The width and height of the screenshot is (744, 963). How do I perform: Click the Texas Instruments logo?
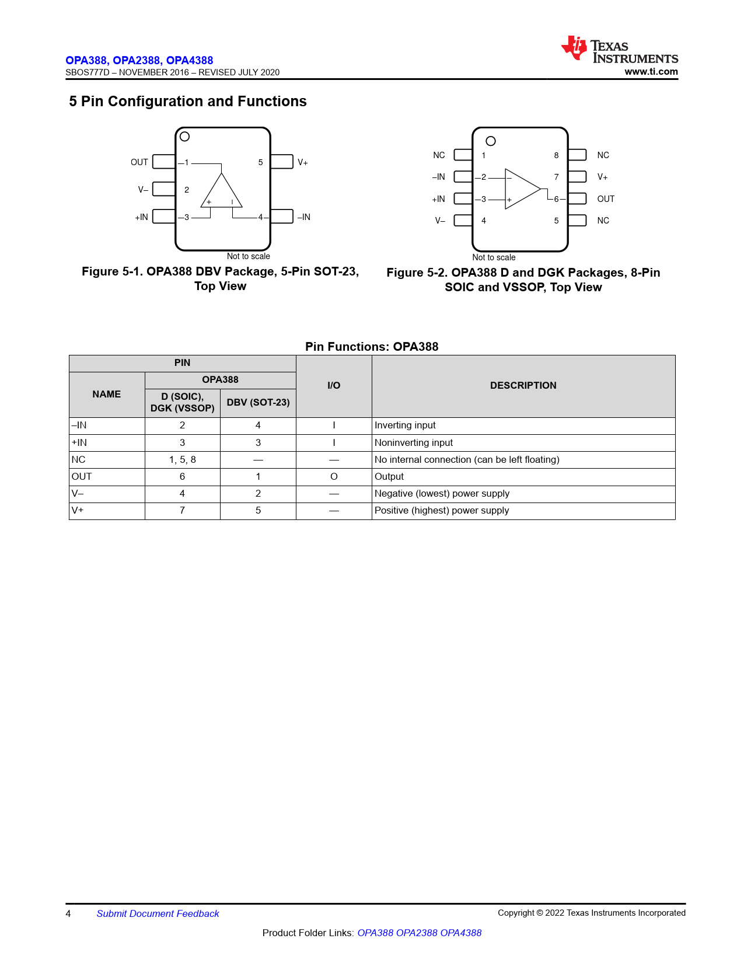pos(619,50)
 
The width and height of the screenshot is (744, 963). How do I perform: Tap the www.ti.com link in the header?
pos(651,72)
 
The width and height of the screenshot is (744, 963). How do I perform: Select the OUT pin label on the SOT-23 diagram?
pos(139,162)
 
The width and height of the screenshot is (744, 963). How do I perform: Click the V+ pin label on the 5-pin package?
pos(303,162)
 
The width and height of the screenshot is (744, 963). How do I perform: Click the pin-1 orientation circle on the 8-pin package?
pos(491,141)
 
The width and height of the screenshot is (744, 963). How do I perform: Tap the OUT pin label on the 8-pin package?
pos(606,199)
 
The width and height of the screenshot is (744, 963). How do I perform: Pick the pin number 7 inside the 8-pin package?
pos(556,177)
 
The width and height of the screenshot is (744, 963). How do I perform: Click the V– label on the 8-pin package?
pos(440,221)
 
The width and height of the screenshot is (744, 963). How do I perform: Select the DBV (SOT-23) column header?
pos(258,403)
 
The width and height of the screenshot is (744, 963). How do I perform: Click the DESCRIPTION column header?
pos(523,386)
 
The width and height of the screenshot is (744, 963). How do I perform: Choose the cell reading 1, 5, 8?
pos(183,460)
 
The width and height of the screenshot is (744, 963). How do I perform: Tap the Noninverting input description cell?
pos(414,443)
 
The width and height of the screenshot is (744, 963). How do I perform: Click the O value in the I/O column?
pos(334,477)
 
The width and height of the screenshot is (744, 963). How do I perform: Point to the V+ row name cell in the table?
pos(78,511)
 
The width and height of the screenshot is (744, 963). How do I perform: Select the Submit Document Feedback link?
pos(158,914)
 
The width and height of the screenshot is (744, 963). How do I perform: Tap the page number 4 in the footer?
pos(68,914)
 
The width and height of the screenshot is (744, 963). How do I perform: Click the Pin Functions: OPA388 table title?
pos(372,347)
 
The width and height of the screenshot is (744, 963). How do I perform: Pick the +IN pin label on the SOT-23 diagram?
pos(142,217)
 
